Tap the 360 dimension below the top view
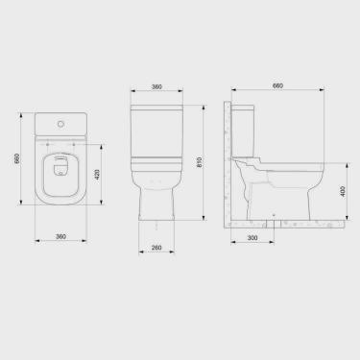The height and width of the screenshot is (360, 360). pos(60,235)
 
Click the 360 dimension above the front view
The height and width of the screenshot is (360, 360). pos(156,86)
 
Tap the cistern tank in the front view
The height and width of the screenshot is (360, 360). pos(156,125)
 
